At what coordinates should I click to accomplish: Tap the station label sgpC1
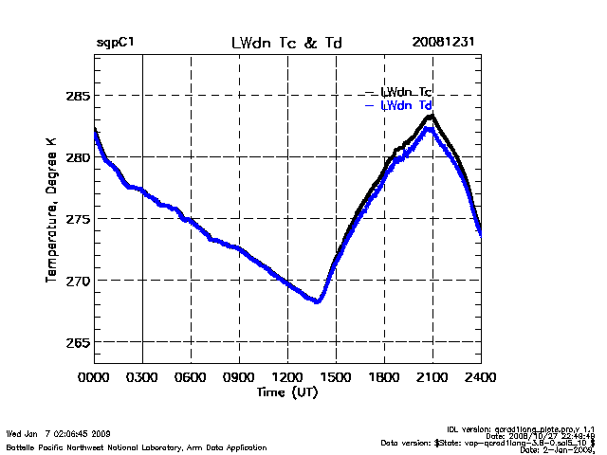click(x=115, y=43)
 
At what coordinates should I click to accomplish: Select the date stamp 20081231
click(x=444, y=43)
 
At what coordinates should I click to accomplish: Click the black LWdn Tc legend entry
click(x=406, y=92)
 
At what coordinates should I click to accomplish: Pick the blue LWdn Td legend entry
click(x=406, y=105)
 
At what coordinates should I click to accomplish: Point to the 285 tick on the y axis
click(x=77, y=96)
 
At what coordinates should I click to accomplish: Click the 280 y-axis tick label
click(x=77, y=157)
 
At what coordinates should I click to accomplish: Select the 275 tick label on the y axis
click(x=77, y=219)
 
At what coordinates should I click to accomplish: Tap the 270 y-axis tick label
click(x=77, y=281)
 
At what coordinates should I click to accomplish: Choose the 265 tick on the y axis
click(x=77, y=342)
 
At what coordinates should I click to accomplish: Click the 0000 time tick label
click(x=94, y=376)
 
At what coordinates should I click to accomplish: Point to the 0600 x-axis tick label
click(x=191, y=376)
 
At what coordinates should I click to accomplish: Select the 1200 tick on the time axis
click(x=287, y=376)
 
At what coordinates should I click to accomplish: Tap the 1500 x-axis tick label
click(x=336, y=376)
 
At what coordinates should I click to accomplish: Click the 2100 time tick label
click(x=432, y=376)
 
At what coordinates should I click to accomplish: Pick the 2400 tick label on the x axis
click(x=481, y=376)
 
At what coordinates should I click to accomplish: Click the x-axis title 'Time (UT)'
click(x=286, y=391)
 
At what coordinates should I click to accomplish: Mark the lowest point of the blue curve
click(x=318, y=301)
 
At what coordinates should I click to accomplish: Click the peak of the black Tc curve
click(x=432, y=116)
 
